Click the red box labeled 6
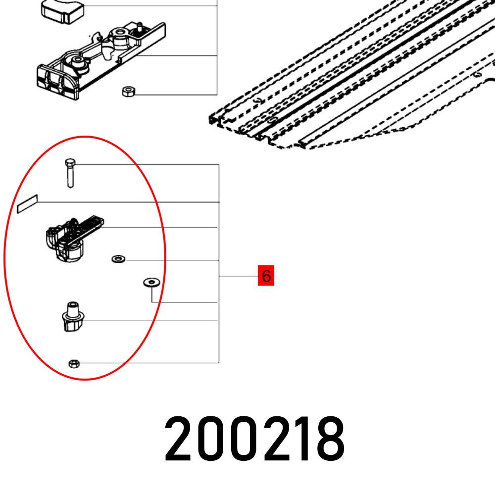[x=266, y=276]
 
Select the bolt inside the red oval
[x=70, y=173]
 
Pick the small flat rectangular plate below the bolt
[x=27, y=205]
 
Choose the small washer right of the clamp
[x=118, y=259]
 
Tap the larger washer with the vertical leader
[x=150, y=283]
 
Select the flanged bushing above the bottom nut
[x=72, y=318]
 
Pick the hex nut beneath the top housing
[x=129, y=91]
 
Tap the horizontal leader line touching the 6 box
[x=238, y=276]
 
